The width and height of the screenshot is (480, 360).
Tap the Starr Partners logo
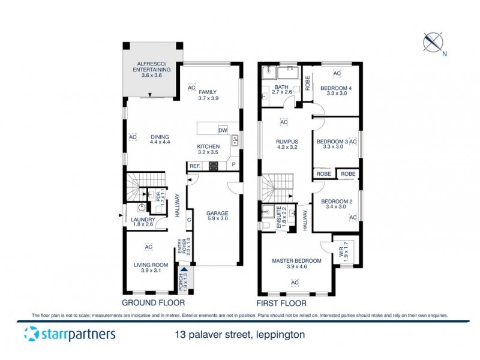click(x=70, y=334)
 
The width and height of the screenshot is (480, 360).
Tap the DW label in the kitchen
click(x=223, y=130)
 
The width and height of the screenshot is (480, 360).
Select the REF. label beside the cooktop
click(x=195, y=166)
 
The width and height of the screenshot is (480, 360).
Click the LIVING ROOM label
click(x=150, y=267)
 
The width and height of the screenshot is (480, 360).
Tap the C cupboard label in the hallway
click(x=189, y=219)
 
